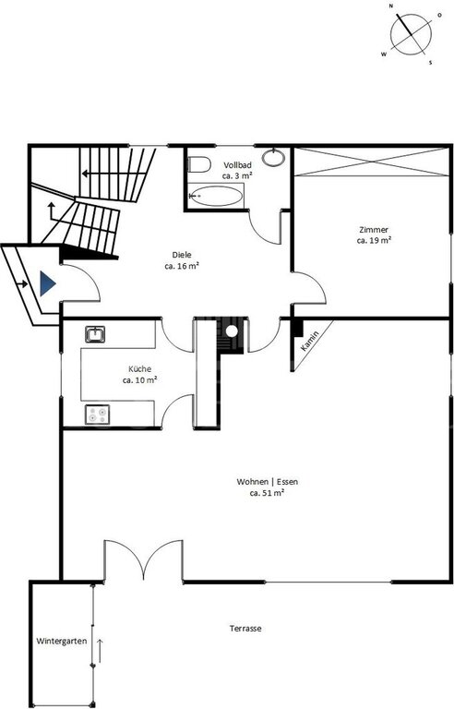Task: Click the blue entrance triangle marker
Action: [x=47, y=283]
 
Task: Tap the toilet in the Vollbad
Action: [x=199, y=163]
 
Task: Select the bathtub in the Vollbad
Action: [x=215, y=196]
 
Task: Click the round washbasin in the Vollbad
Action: [x=273, y=157]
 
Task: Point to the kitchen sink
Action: [x=95, y=334]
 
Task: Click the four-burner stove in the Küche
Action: [x=98, y=415]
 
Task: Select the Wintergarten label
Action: [x=62, y=642]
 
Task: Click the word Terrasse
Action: [x=245, y=629]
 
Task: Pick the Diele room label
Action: [x=182, y=255]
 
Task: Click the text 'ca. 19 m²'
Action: [x=374, y=241]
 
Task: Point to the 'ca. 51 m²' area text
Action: [x=267, y=493]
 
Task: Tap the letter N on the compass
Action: [x=390, y=6]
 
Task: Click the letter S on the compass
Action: [x=430, y=63]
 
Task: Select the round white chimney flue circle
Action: [x=232, y=331]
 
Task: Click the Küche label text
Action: [x=139, y=369]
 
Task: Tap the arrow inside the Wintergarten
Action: [x=100, y=651]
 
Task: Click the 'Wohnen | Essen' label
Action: [x=268, y=482]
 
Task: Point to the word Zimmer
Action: [x=374, y=230]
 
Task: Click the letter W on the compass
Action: [x=384, y=54]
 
